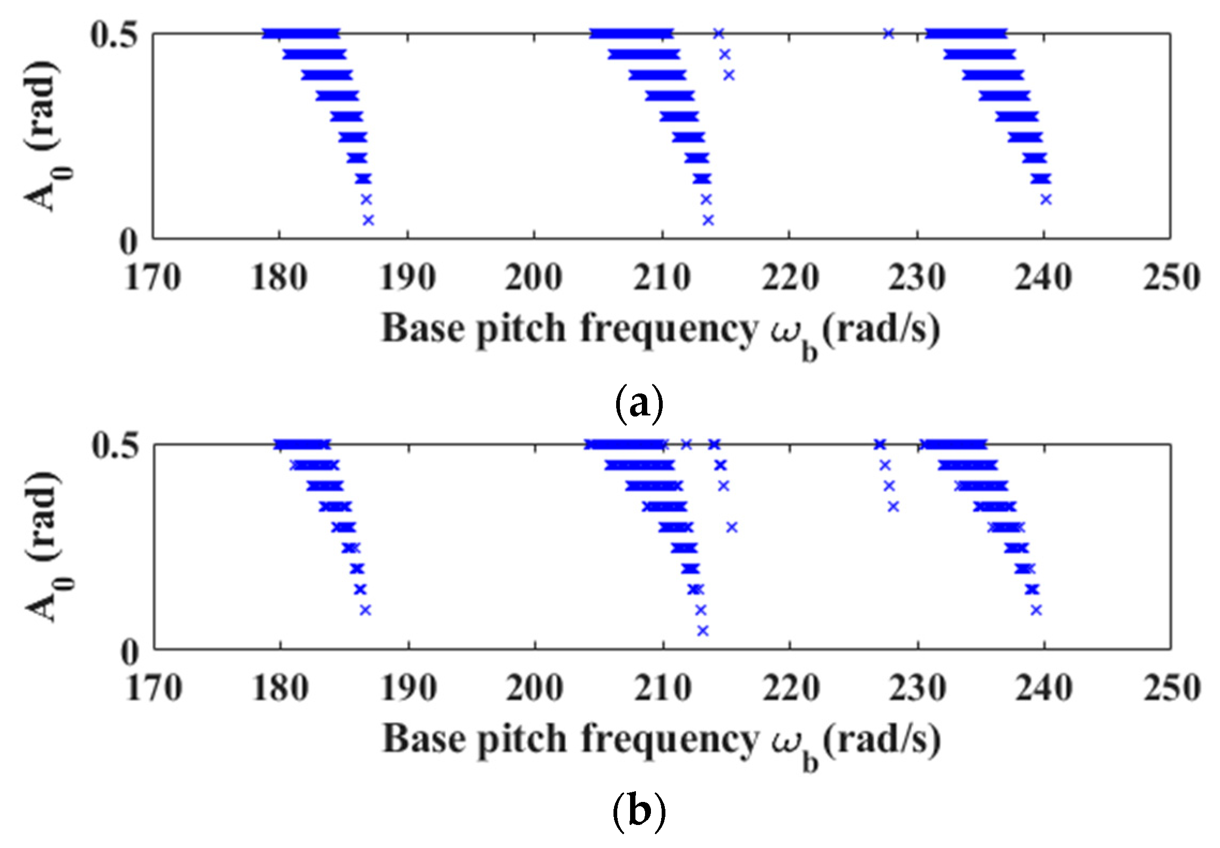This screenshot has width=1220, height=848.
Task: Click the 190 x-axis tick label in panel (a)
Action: coord(407,278)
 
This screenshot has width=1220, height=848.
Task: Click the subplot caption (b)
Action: coord(639,814)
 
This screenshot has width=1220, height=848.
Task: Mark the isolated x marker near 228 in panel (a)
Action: coord(889,34)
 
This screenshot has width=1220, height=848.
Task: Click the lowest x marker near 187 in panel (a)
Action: coord(368,220)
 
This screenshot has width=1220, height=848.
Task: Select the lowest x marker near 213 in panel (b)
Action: coord(703,631)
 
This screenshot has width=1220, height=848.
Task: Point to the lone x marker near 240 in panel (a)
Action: coord(1046,199)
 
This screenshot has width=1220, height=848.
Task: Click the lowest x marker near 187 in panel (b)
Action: coord(365,610)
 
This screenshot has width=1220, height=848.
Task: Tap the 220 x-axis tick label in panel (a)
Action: coord(790,278)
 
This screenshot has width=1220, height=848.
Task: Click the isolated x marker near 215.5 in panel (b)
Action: coord(732,527)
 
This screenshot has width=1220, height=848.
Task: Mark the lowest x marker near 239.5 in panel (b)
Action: coord(1036,610)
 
